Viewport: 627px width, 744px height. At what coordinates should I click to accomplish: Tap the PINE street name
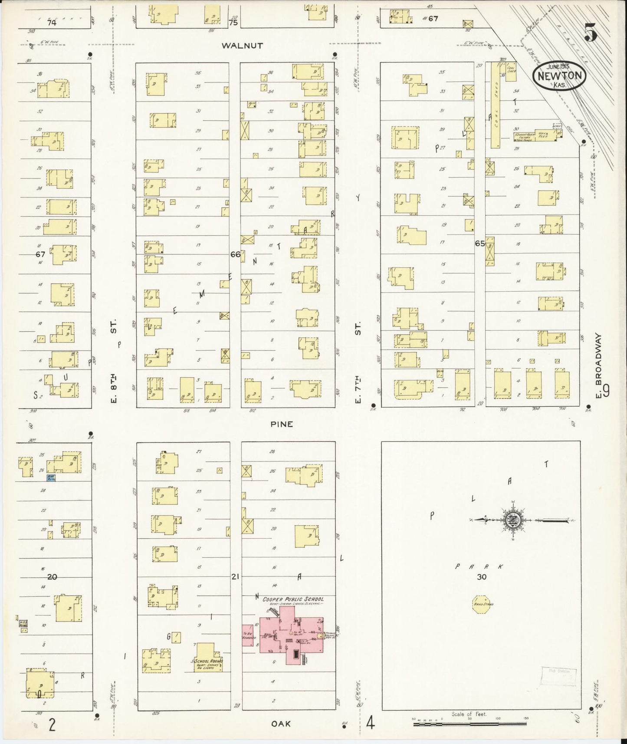282,424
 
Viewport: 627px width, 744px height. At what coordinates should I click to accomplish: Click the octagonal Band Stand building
481,604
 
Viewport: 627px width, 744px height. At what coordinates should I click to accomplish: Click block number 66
235,254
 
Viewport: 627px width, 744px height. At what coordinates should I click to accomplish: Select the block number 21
235,576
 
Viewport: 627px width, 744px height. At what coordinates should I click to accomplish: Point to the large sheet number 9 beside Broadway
606,392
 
